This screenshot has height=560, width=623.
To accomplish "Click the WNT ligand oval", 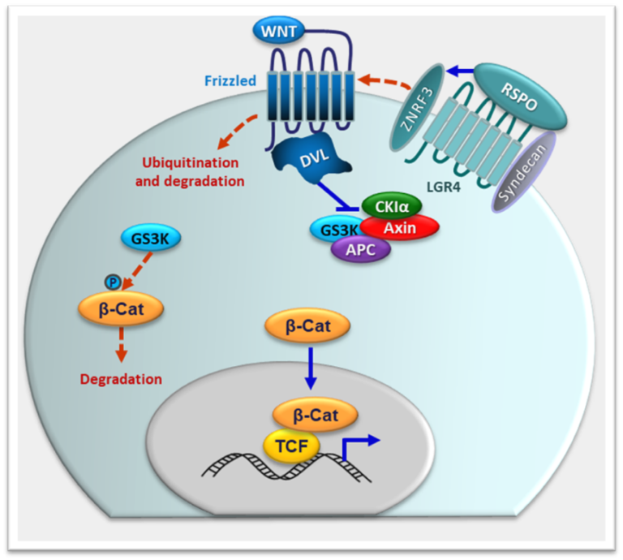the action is click(279, 31).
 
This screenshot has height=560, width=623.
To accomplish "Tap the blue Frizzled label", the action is click(230, 80).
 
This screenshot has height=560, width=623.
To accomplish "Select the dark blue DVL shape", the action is click(311, 157).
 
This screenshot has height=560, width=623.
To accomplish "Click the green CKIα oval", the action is click(391, 206).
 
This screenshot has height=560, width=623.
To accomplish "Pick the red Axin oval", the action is click(400, 228).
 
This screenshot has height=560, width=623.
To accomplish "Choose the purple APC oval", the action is click(361, 250).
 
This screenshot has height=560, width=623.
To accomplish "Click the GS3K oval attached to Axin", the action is click(337, 230).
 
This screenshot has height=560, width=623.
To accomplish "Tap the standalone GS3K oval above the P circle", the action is click(150, 239).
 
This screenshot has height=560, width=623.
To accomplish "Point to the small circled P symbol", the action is click(113, 282).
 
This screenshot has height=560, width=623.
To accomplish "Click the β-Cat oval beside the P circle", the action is click(121, 309).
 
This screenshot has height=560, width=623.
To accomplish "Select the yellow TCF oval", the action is click(292, 446).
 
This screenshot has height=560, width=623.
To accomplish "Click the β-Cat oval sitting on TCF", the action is click(316, 416).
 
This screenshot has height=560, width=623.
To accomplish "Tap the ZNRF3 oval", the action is click(416, 107).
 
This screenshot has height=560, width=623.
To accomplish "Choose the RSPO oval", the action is click(520, 97).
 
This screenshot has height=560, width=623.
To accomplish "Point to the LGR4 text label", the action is click(444, 187).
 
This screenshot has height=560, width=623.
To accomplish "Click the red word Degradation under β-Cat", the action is click(121, 379).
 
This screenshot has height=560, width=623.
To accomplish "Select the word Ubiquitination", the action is click(191, 162).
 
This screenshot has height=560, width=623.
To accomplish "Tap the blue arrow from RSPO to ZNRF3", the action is click(460, 71).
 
